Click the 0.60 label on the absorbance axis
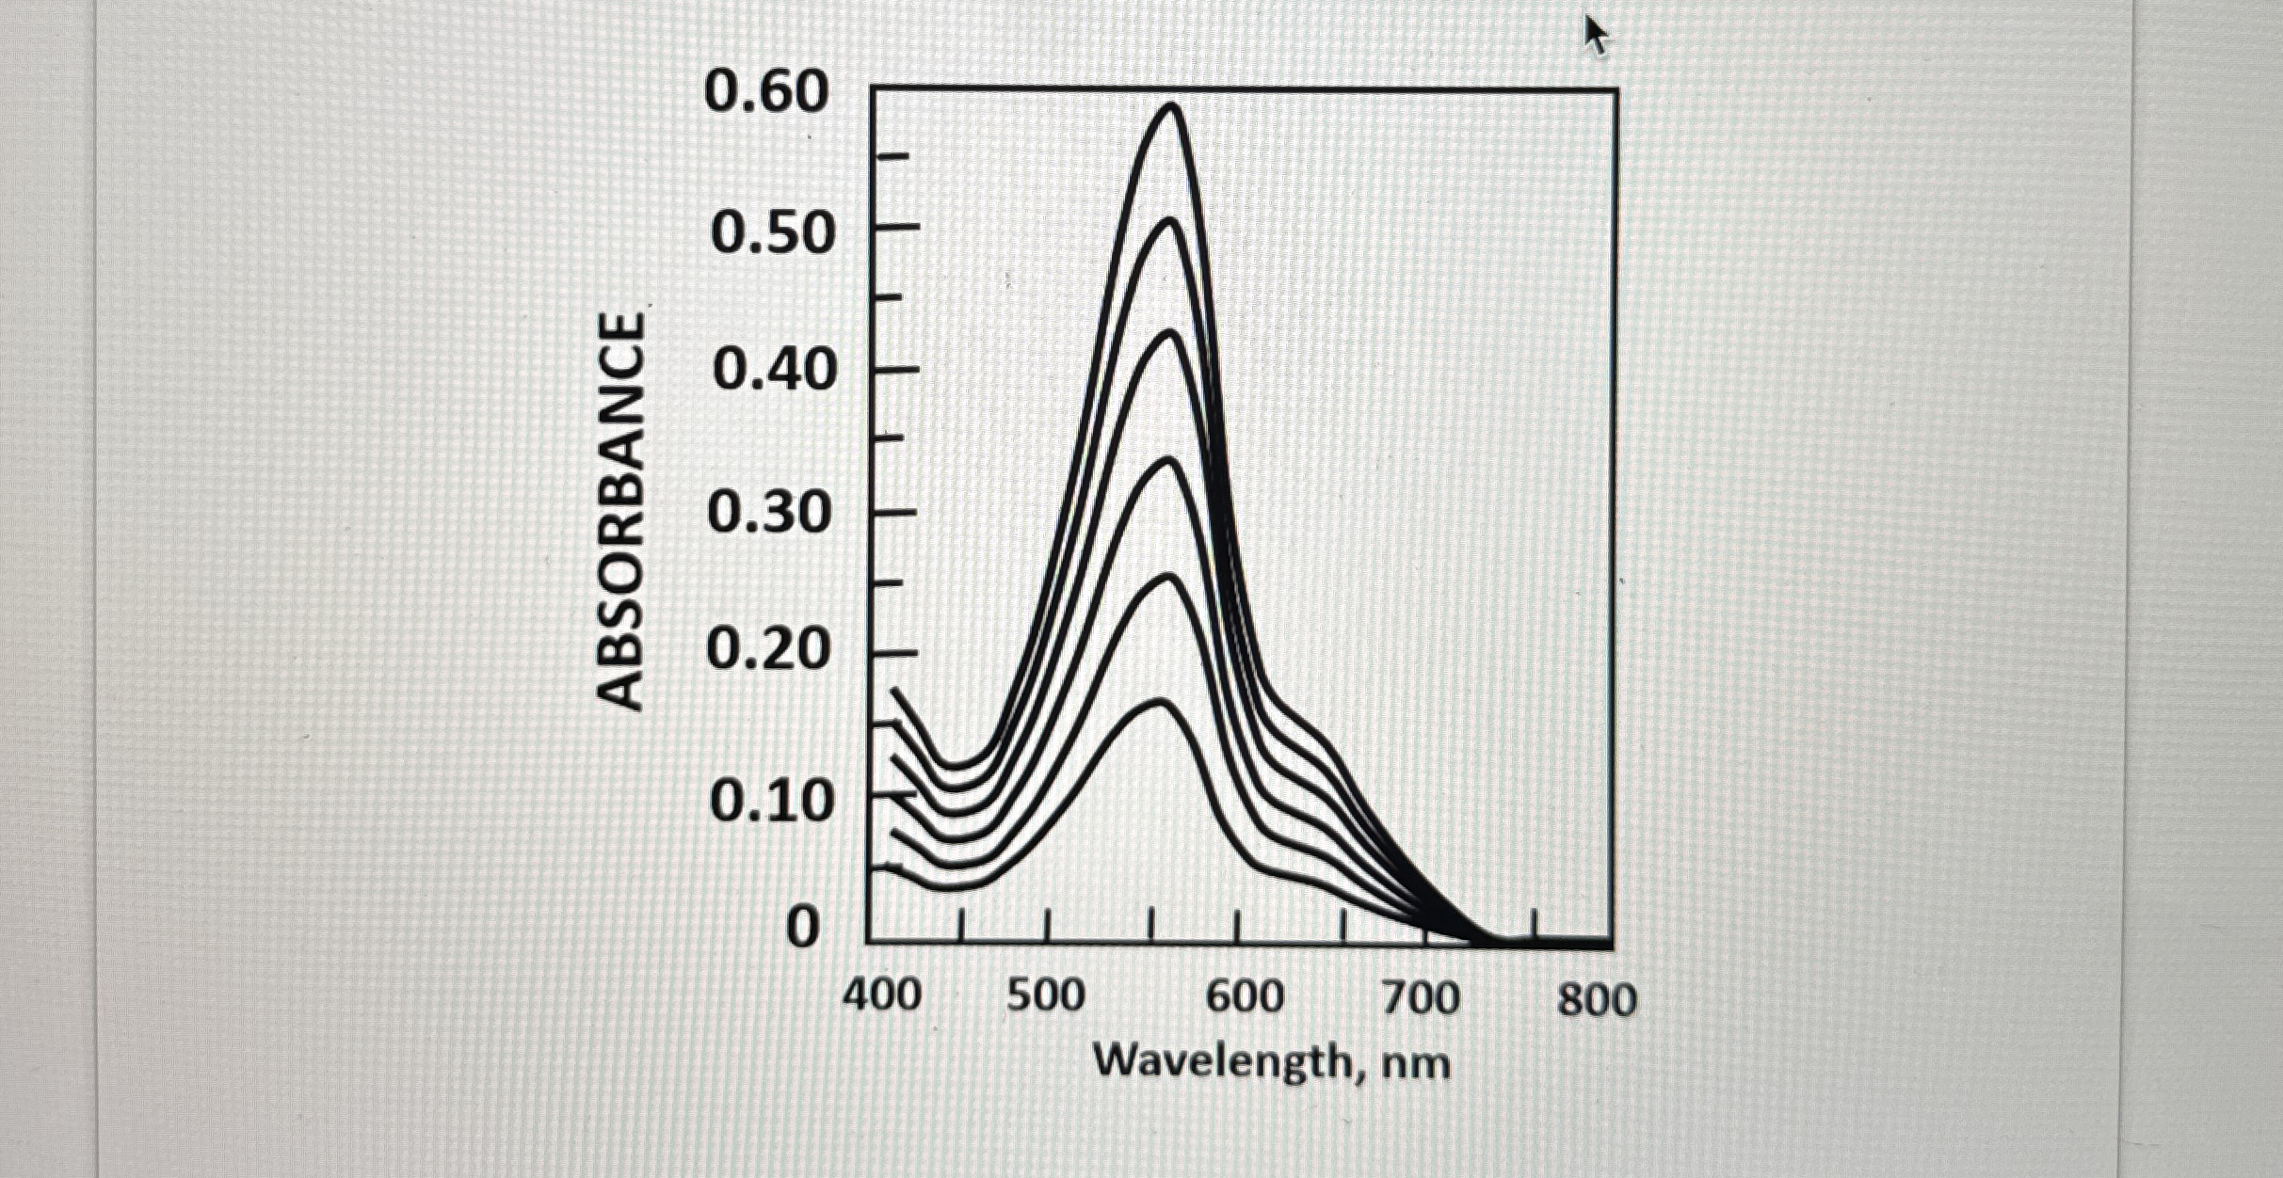(x=766, y=94)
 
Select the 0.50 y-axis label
(x=773, y=234)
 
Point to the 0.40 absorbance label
(x=774, y=371)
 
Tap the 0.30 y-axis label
(x=770, y=514)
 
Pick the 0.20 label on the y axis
(x=769, y=651)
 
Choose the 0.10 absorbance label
(x=772, y=802)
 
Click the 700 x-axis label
(x=1421, y=996)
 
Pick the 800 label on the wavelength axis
(x=1597, y=998)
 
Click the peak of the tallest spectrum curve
(x=1172, y=106)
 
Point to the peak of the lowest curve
(x=1159, y=702)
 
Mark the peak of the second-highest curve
(x=1169, y=222)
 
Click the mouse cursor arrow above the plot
(x=1596, y=36)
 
